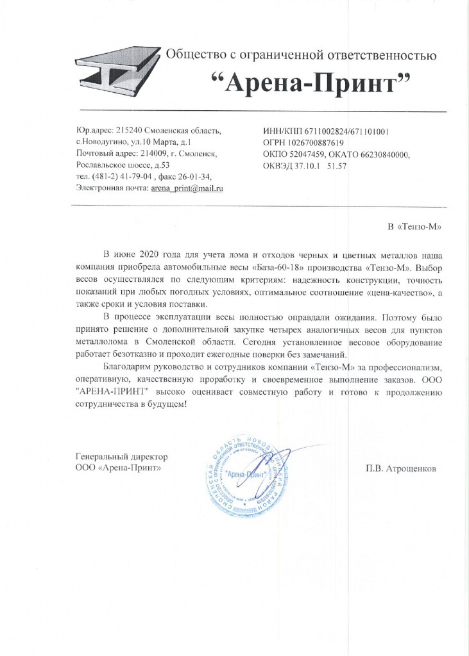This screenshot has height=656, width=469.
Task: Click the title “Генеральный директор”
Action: [121, 457]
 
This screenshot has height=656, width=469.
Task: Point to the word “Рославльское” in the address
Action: [103, 165]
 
